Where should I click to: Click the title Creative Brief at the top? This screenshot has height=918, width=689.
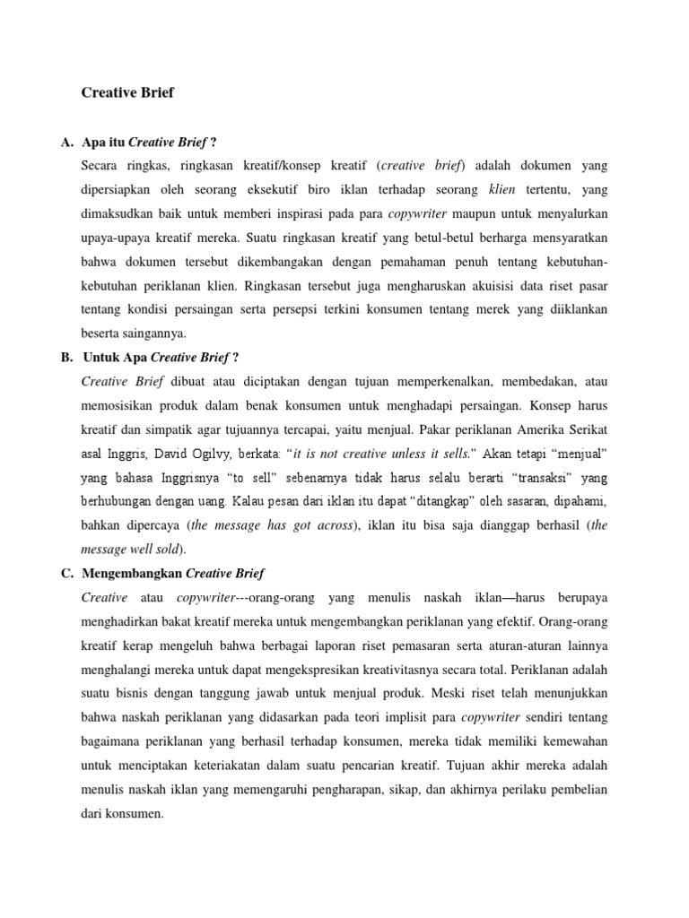click(x=127, y=92)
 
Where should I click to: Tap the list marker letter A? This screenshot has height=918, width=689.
click(x=65, y=143)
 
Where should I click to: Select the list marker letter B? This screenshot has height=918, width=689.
click(x=65, y=357)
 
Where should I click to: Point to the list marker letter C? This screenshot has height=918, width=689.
click(x=65, y=573)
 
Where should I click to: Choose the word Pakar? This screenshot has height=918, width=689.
click(x=406, y=429)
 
